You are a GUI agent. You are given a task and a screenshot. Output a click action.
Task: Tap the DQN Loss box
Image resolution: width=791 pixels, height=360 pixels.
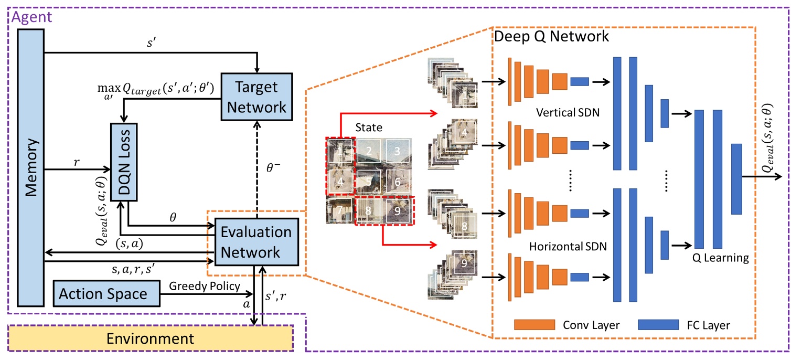(x=124, y=162)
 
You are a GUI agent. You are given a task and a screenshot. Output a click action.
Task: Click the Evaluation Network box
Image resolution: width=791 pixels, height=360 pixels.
(x=255, y=241)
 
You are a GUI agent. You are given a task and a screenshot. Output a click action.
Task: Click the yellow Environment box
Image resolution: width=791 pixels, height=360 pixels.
(x=151, y=338)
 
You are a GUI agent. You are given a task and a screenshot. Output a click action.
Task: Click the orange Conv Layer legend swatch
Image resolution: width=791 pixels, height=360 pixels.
(x=535, y=325)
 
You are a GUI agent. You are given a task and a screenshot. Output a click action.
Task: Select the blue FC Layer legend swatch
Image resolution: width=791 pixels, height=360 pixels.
(x=659, y=325)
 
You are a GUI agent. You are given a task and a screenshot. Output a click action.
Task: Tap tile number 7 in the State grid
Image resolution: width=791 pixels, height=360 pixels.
(x=339, y=212)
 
